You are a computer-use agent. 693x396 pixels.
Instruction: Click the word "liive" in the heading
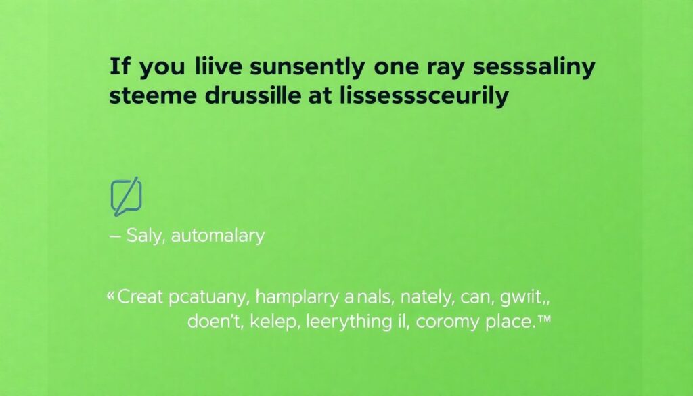pos(218,66)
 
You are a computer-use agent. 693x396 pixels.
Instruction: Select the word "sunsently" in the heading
pos(307,68)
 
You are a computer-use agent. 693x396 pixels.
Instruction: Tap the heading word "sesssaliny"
pos(534,68)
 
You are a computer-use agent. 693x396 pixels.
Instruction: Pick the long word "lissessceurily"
pos(424,96)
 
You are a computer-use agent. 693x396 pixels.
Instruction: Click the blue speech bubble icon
pos(126,197)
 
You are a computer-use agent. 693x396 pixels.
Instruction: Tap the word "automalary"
pos(218,236)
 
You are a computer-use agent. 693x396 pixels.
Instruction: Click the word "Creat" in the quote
pos(140,296)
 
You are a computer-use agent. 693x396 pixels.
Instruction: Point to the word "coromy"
pos(447,322)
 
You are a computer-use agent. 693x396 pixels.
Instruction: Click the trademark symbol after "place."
pos(545,317)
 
